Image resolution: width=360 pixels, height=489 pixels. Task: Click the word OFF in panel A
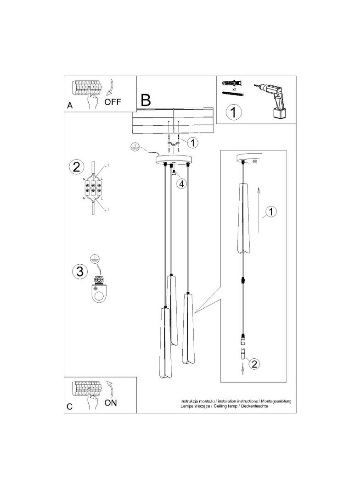tap(112, 102)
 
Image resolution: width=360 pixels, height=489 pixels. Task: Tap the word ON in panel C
tap(111, 403)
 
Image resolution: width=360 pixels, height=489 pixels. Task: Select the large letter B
tap(146, 100)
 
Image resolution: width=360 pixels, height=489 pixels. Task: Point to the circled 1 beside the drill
tap(234, 112)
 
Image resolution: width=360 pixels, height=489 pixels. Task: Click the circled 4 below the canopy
tap(182, 184)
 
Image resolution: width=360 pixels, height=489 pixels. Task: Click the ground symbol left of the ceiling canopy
tap(134, 147)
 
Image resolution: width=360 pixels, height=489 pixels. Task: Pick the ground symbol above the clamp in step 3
tap(94, 259)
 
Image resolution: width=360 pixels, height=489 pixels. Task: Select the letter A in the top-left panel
tap(70, 105)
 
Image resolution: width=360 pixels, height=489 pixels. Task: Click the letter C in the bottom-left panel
tap(70, 406)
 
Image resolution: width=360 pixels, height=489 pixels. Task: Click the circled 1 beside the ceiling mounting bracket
tap(193, 143)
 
